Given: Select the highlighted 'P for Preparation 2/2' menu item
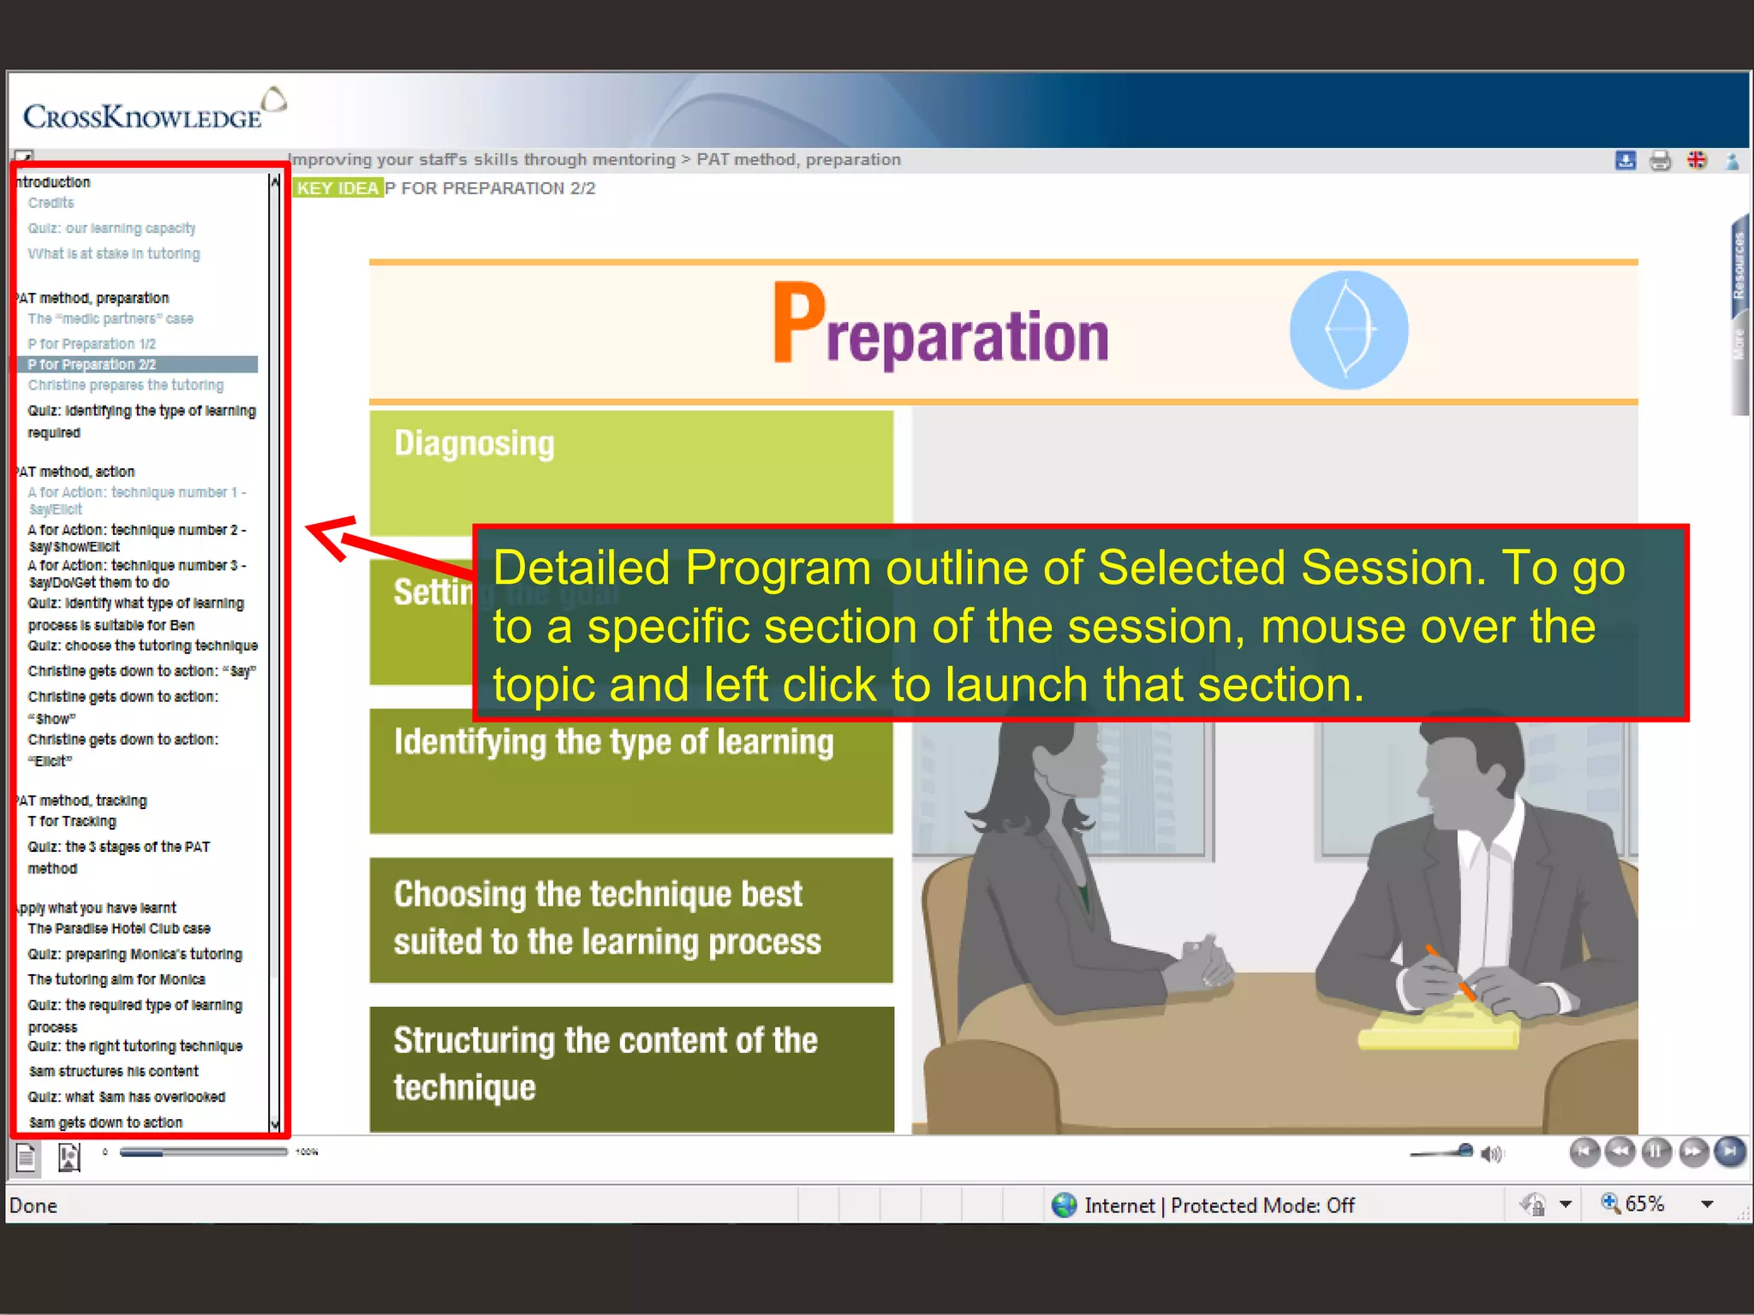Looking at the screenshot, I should [92, 365].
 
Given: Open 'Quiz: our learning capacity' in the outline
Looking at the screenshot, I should [111, 229].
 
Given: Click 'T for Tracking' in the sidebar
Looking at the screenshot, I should [72, 822].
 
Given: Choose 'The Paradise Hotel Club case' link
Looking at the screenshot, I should [119, 929].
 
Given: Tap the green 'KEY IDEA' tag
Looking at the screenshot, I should [337, 188].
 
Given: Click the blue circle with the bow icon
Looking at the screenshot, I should [1348, 330].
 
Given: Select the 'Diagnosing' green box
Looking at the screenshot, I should [631, 471].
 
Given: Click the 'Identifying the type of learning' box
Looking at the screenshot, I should [631, 771].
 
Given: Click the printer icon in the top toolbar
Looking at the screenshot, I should [1660, 160].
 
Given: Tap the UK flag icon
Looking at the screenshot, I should [1696, 160].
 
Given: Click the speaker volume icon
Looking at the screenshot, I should [1492, 1154].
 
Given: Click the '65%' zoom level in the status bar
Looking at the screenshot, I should [1644, 1205].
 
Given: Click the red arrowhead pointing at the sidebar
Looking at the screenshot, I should [330, 535].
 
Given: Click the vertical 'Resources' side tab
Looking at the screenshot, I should [1738, 265].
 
